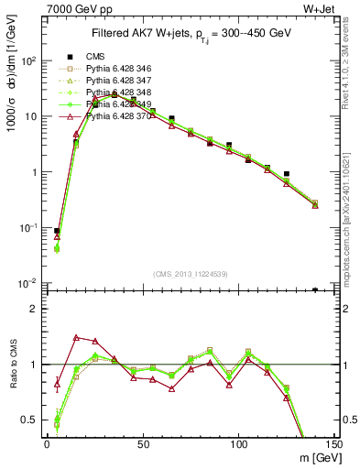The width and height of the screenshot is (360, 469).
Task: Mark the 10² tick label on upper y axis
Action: point(27,61)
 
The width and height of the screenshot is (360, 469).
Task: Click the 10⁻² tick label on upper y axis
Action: point(27,283)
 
